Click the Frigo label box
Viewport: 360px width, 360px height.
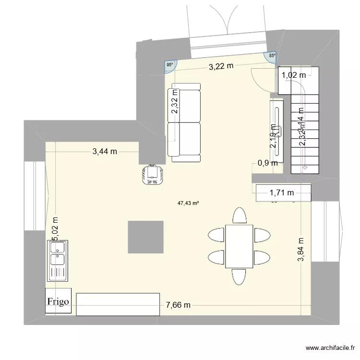[59, 301]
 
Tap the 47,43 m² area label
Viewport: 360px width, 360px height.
[188, 203]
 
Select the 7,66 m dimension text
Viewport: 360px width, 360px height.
[178, 305]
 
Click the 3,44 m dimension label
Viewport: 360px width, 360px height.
[105, 152]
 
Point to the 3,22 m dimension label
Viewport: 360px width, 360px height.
[221, 67]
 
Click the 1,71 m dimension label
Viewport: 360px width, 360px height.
[282, 193]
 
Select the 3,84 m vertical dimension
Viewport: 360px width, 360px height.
[301, 250]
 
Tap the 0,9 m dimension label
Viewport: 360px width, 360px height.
[268, 163]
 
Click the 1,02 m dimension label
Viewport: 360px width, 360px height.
[293, 74]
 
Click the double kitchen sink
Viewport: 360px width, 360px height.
[59, 261]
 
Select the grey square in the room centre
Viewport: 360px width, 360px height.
[145, 237]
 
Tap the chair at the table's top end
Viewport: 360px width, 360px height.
[239, 216]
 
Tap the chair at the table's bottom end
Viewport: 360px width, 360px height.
[239, 277]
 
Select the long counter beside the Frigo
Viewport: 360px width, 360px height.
[118, 304]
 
